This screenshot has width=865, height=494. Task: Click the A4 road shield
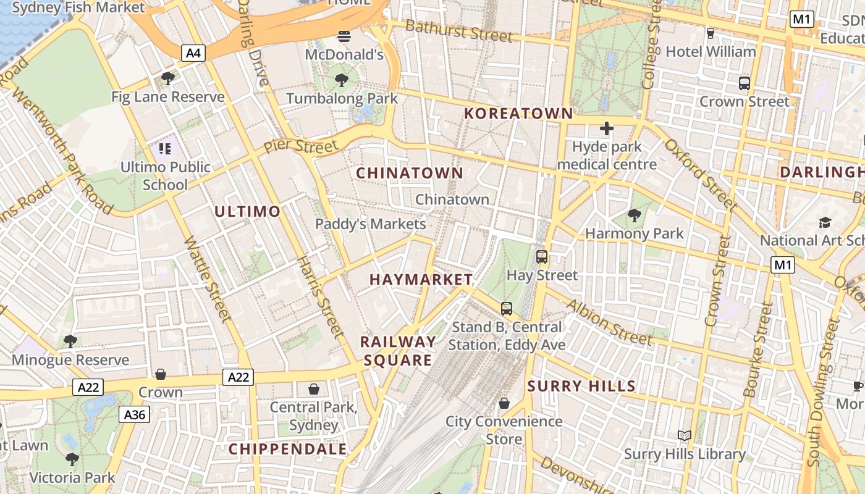[193, 53]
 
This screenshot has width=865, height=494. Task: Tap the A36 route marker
[134, 414]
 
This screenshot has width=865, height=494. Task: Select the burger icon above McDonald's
[344, 36]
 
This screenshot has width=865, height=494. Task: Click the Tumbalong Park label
[342, 98]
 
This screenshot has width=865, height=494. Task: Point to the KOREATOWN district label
[518, 114]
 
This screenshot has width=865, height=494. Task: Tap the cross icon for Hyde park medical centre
[607, 128]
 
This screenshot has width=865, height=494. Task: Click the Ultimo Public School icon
[164, 148]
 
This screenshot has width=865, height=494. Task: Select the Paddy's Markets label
[371, 224]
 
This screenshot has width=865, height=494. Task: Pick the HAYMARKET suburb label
[421, 280]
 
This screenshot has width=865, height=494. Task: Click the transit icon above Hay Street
[542, 256]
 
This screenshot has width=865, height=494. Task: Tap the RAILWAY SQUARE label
[398, 351]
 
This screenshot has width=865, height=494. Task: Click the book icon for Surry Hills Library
[684, 435]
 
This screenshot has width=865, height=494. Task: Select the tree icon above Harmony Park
[634, 215]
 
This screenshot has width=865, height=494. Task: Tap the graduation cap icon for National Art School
[825, 222]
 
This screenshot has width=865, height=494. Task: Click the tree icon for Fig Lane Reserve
[167, 78]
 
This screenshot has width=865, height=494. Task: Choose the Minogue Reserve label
[70, 360]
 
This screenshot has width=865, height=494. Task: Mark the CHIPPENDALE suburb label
[288, 449]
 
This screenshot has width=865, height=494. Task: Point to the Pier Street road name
[301, 147]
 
